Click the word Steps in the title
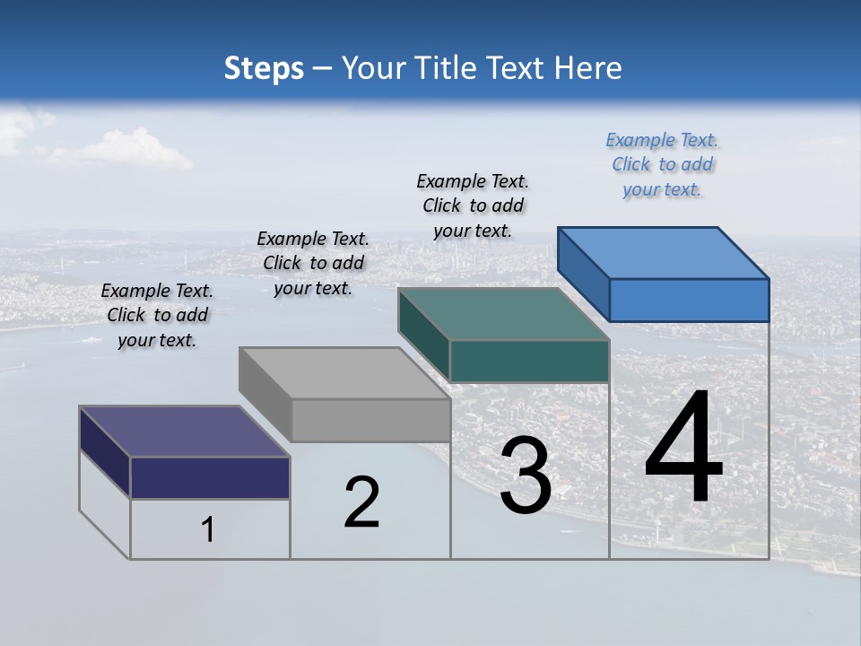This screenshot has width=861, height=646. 263,68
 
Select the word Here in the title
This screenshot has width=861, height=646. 588,68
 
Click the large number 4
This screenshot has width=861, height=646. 683,451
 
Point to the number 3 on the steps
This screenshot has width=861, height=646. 526,477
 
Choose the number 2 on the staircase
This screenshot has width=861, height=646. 362,502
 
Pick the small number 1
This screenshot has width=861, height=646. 208,529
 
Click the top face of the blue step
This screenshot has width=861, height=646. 662,252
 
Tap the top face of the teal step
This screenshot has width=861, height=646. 502,314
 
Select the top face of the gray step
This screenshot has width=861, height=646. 344,372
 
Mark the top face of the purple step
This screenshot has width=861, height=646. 184,432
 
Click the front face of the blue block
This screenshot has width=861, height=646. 689,300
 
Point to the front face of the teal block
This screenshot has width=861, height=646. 529,361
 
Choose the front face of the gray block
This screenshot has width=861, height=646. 370,420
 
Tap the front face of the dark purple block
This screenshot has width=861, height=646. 210,477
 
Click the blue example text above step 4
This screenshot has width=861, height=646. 662,164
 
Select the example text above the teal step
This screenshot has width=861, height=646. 473,205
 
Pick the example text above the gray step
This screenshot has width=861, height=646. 313,263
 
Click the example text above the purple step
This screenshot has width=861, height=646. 157,315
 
